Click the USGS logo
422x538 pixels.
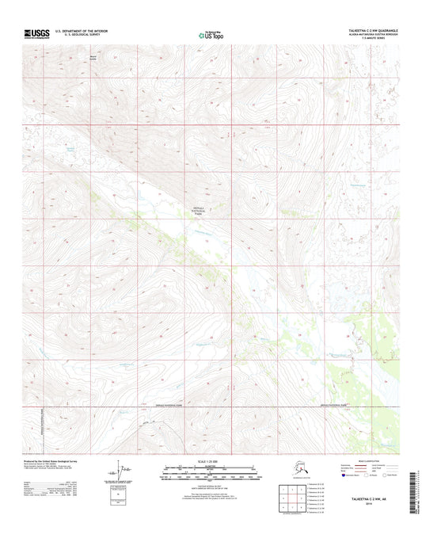coord(37,33)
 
